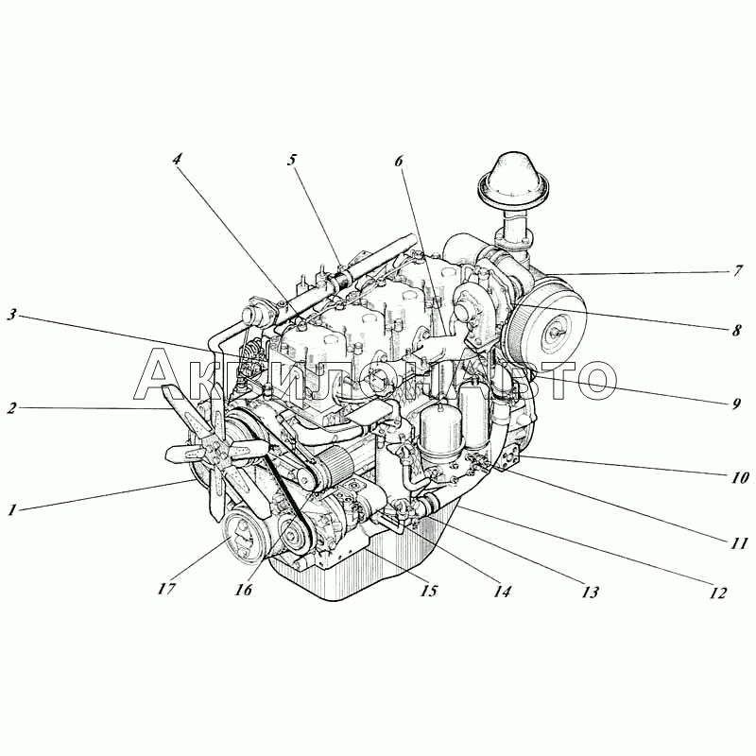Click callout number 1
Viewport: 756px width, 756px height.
click(12, 509)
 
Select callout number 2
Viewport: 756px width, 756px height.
click(11, 408)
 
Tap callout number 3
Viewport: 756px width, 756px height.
click(11, 316)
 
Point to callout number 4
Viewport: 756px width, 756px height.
click(178, 159)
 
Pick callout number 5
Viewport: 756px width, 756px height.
click(292, 160)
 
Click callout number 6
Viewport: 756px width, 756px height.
click(399, 161)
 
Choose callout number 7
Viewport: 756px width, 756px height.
click(738, 271)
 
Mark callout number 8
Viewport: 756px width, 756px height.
click(736, 330)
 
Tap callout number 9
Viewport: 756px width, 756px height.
click(736, 404)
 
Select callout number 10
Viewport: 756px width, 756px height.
click(739, 477)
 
